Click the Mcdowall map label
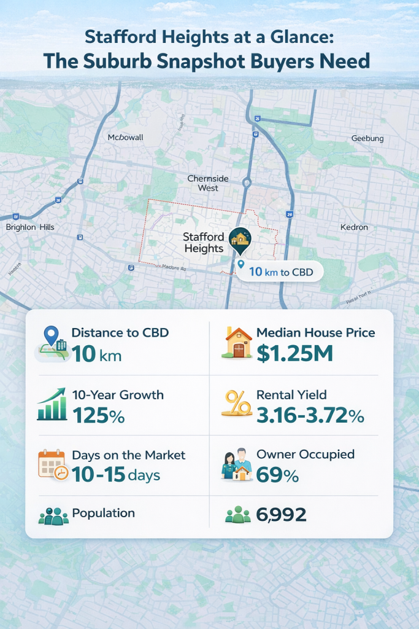[125, 137]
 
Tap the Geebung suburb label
[367, 138]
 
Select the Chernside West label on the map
[208, 183]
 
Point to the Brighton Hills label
[29, 227]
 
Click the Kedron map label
[354, 227]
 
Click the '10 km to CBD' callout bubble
[279, 270]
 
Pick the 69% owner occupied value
[277, 475]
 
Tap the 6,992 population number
[282, 515]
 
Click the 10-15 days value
[116, 475]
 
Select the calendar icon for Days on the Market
[52, 464]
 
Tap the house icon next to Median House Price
[237, 343]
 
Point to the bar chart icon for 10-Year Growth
[52, 405]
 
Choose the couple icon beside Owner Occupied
[236, 464]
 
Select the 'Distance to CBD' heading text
[120, 333]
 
